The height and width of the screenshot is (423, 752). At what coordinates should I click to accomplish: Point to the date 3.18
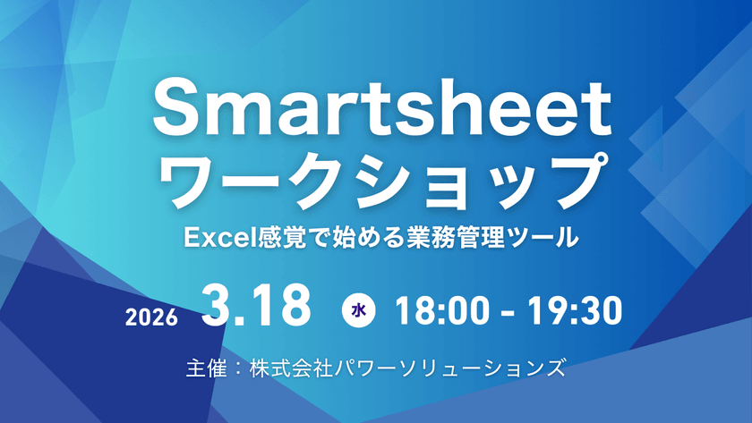click(x=257, y=307)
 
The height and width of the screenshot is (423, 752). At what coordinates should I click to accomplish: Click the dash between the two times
click(x=508, y=312)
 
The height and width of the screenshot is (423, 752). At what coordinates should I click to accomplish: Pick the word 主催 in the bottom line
click(x=201, y=368)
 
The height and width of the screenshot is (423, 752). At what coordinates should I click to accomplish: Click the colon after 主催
click(x=235, y=368)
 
